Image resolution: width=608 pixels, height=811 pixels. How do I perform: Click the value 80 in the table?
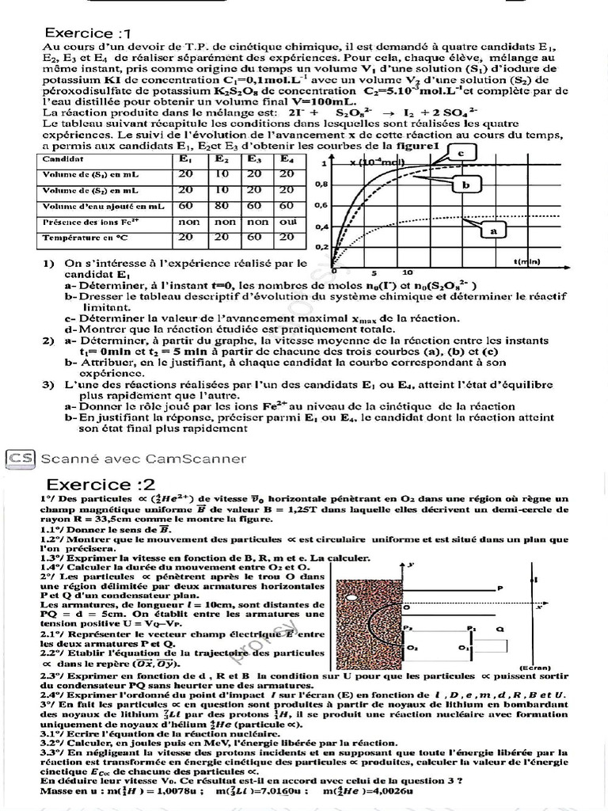(x=222, y=206)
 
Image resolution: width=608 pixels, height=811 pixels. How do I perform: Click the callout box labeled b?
(x=466, y=185)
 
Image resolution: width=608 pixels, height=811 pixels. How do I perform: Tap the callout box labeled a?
(x=494, y=230)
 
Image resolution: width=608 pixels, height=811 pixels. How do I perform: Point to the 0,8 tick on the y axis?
(x=321, y=185)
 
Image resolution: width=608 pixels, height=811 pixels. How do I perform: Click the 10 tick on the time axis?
(x=406, y=272)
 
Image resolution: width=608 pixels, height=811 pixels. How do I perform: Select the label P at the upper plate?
(x=500, y=588)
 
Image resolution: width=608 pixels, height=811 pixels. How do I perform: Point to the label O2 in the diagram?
(x=412, y=647)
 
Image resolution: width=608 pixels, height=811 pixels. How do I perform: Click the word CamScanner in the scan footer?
(x=206, y=459)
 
